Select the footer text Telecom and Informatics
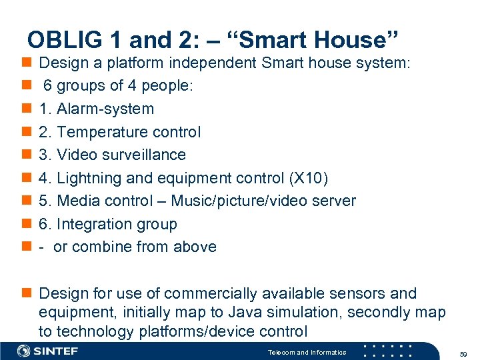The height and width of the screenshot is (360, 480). coord(307,352)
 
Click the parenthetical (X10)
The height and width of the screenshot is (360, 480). coord(309,178)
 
